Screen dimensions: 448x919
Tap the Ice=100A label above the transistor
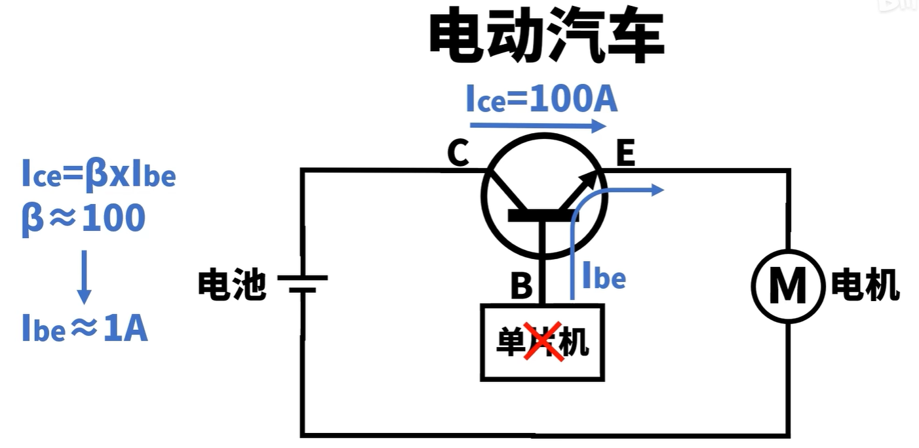(x=541, y=100)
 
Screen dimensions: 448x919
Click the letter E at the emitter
(x=625, y=155)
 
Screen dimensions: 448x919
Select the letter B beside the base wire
(x=521, y=287)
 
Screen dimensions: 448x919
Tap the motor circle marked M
(x=787, y=286)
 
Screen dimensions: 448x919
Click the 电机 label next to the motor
(x=865, y=286)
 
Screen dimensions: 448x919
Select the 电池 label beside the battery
(x=232, y=286)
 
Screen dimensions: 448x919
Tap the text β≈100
(x=83, y=218)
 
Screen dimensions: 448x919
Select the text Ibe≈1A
(x=85, y=329)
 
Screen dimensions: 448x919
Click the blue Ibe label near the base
(x=604, y=277)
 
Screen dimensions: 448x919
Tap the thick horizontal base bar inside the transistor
(x=542, y=215)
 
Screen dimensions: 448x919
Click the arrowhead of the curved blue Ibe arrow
(x=657, y=190)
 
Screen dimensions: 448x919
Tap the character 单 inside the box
(x=509, y=342)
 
